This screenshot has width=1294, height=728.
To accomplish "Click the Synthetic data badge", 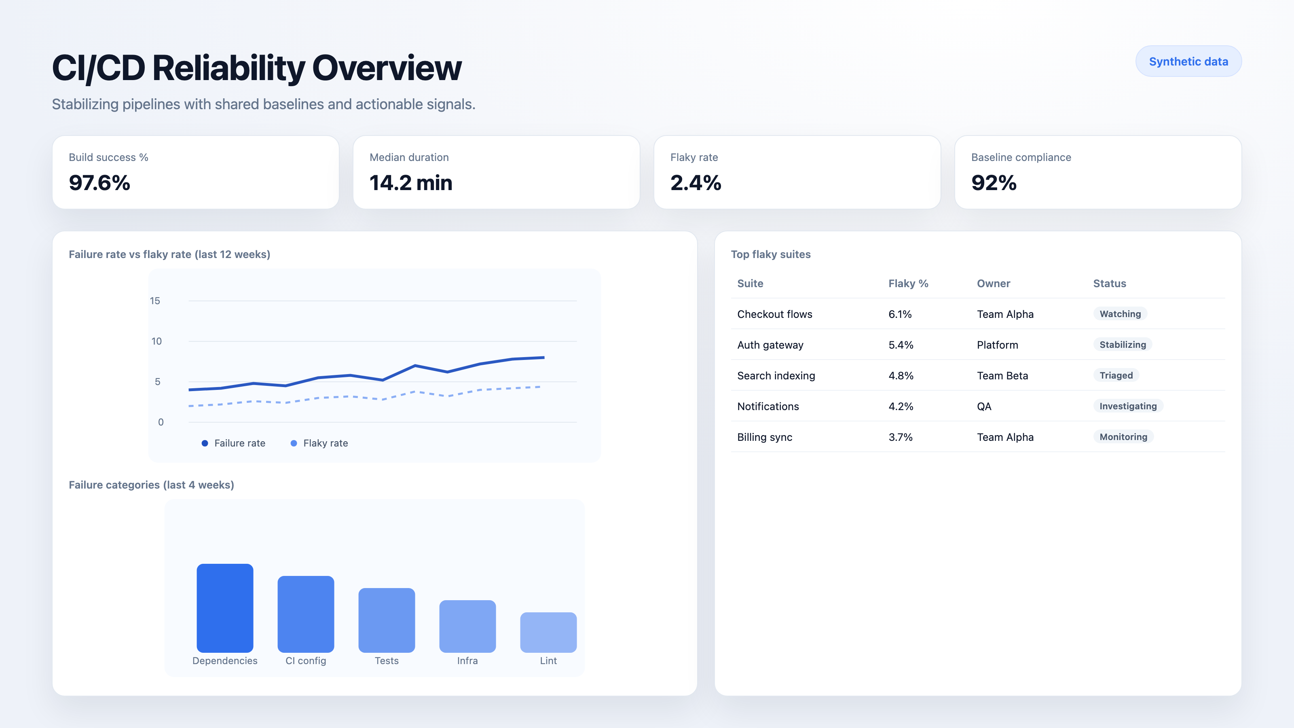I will coord(1188,61).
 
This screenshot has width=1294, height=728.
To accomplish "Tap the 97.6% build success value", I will coord(99,183).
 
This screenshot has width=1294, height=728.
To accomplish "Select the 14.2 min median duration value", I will coord(410,183).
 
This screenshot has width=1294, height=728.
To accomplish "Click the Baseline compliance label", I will coord(1021,157).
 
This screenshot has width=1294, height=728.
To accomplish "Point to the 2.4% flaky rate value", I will coord(695,183).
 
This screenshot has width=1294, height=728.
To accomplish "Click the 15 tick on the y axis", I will coord(155,301).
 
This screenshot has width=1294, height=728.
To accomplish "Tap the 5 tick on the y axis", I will coord(157,382).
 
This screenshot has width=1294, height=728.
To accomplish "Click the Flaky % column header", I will coord(908,284).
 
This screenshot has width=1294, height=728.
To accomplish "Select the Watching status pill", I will coord(1120,314).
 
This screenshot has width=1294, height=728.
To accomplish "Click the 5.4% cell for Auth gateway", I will coord(900,345).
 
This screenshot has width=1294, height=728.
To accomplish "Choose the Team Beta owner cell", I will coord(1002,376).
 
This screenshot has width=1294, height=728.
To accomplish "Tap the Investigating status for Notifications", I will coord(1128,406).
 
